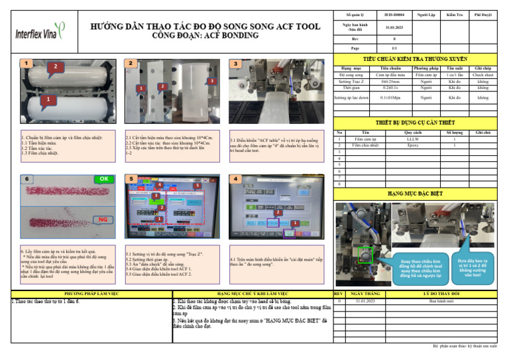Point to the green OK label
click(x=104, y=178)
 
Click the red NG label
click(x=102, y=219)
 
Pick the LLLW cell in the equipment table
click(x=412, y=139)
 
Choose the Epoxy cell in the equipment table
click(x=412, y=145)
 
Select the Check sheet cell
click(x=482, y=76)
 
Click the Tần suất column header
click(x=454, y=68)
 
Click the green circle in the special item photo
click(x=363, y=255)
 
